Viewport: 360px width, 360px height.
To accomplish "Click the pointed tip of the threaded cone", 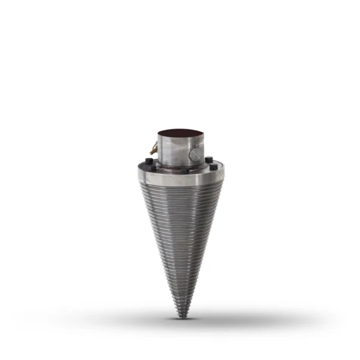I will (x=181, y=317).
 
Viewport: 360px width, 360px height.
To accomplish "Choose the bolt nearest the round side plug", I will (x=209, y=160).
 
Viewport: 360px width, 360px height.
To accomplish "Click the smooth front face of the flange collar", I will (x=180, y=177).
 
